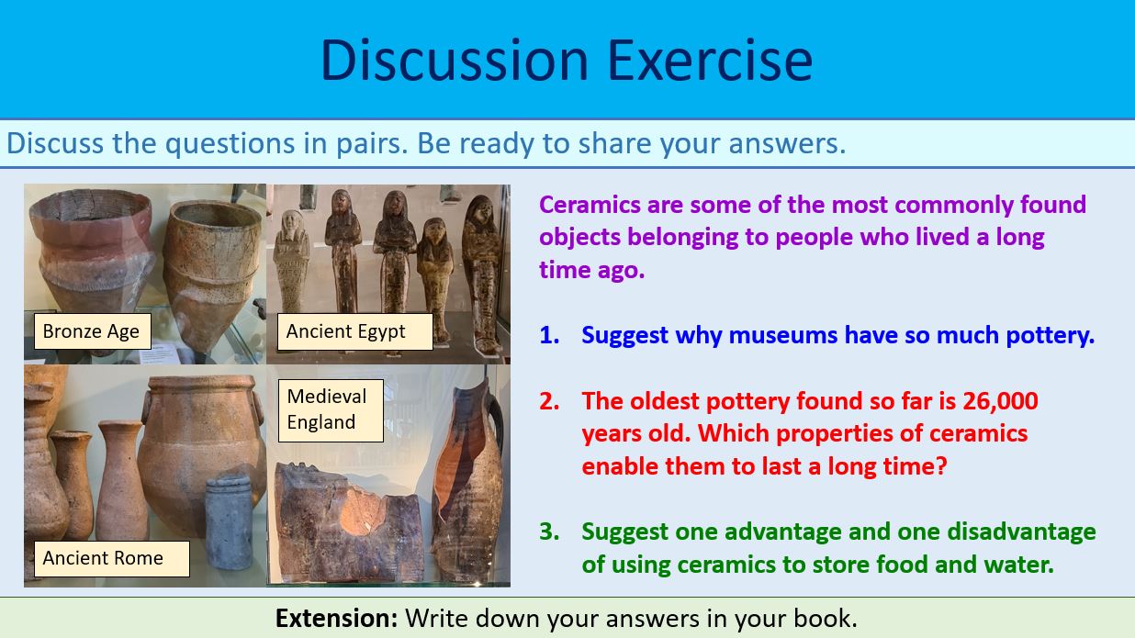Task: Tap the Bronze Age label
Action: click(x=91, y=331)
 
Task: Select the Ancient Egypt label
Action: click(x=345, y=331)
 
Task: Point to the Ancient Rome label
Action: click(x=103, y=558)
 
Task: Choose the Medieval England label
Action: click(x=326, y=409)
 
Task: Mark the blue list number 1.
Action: click(x=548, y=336)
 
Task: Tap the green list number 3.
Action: click(x=548, y=532)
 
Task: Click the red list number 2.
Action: click(x=548, y=401)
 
